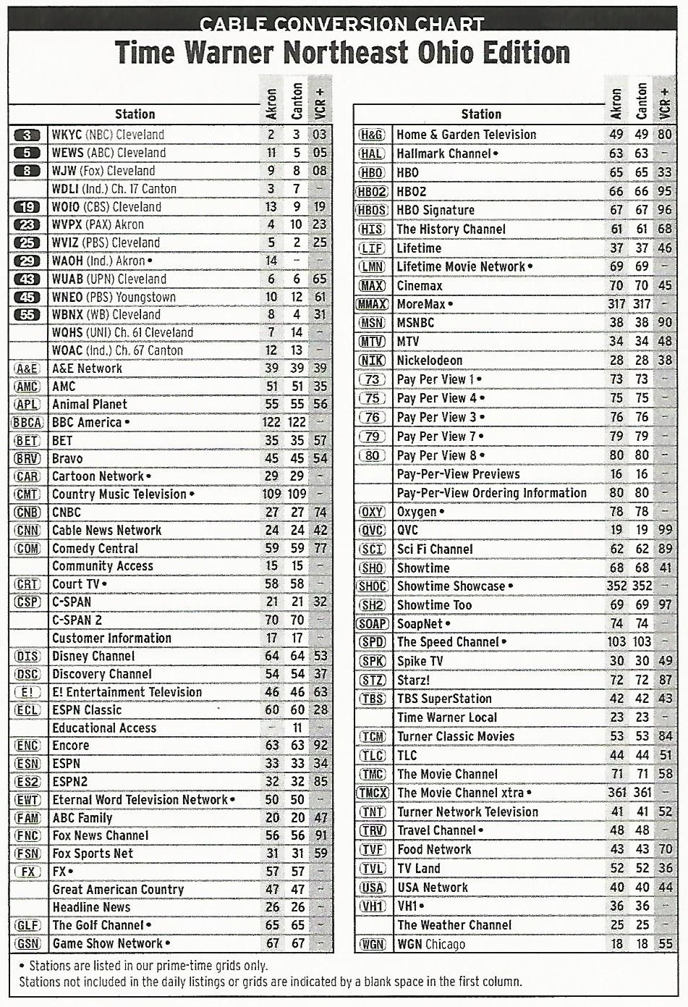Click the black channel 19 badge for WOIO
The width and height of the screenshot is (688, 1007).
(x=27, y=207)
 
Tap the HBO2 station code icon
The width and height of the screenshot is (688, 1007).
(x=372, y=192)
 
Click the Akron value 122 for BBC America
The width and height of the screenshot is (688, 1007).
(x=271, y=422)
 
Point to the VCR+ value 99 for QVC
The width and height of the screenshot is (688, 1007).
(x=665, y=531)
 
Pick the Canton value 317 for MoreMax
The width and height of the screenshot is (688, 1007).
(x=642, y=304)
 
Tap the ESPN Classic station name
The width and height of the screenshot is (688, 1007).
(x=87, y=709)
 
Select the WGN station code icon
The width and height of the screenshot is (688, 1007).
(x=372, y=944)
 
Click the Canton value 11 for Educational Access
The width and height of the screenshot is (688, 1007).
(x=297, y=728)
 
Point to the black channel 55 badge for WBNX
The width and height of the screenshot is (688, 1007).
(x=27, y=315)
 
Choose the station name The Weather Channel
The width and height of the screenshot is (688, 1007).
(x=454, y=925)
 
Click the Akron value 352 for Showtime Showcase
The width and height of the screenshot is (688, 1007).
(x=616, y=586)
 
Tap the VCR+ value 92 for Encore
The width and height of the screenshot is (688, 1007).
(x=320, y=746)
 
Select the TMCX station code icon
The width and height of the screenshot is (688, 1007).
(x=372, y=793)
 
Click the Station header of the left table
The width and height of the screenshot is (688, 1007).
(x=135, y=114)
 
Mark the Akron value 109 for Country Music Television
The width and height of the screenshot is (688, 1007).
(x=271, y=494)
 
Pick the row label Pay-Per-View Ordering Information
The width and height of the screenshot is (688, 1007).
(x=492, y=493)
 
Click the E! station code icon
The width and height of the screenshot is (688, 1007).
(x=27, y=692)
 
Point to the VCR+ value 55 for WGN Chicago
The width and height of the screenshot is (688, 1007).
(x=665, y=944)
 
